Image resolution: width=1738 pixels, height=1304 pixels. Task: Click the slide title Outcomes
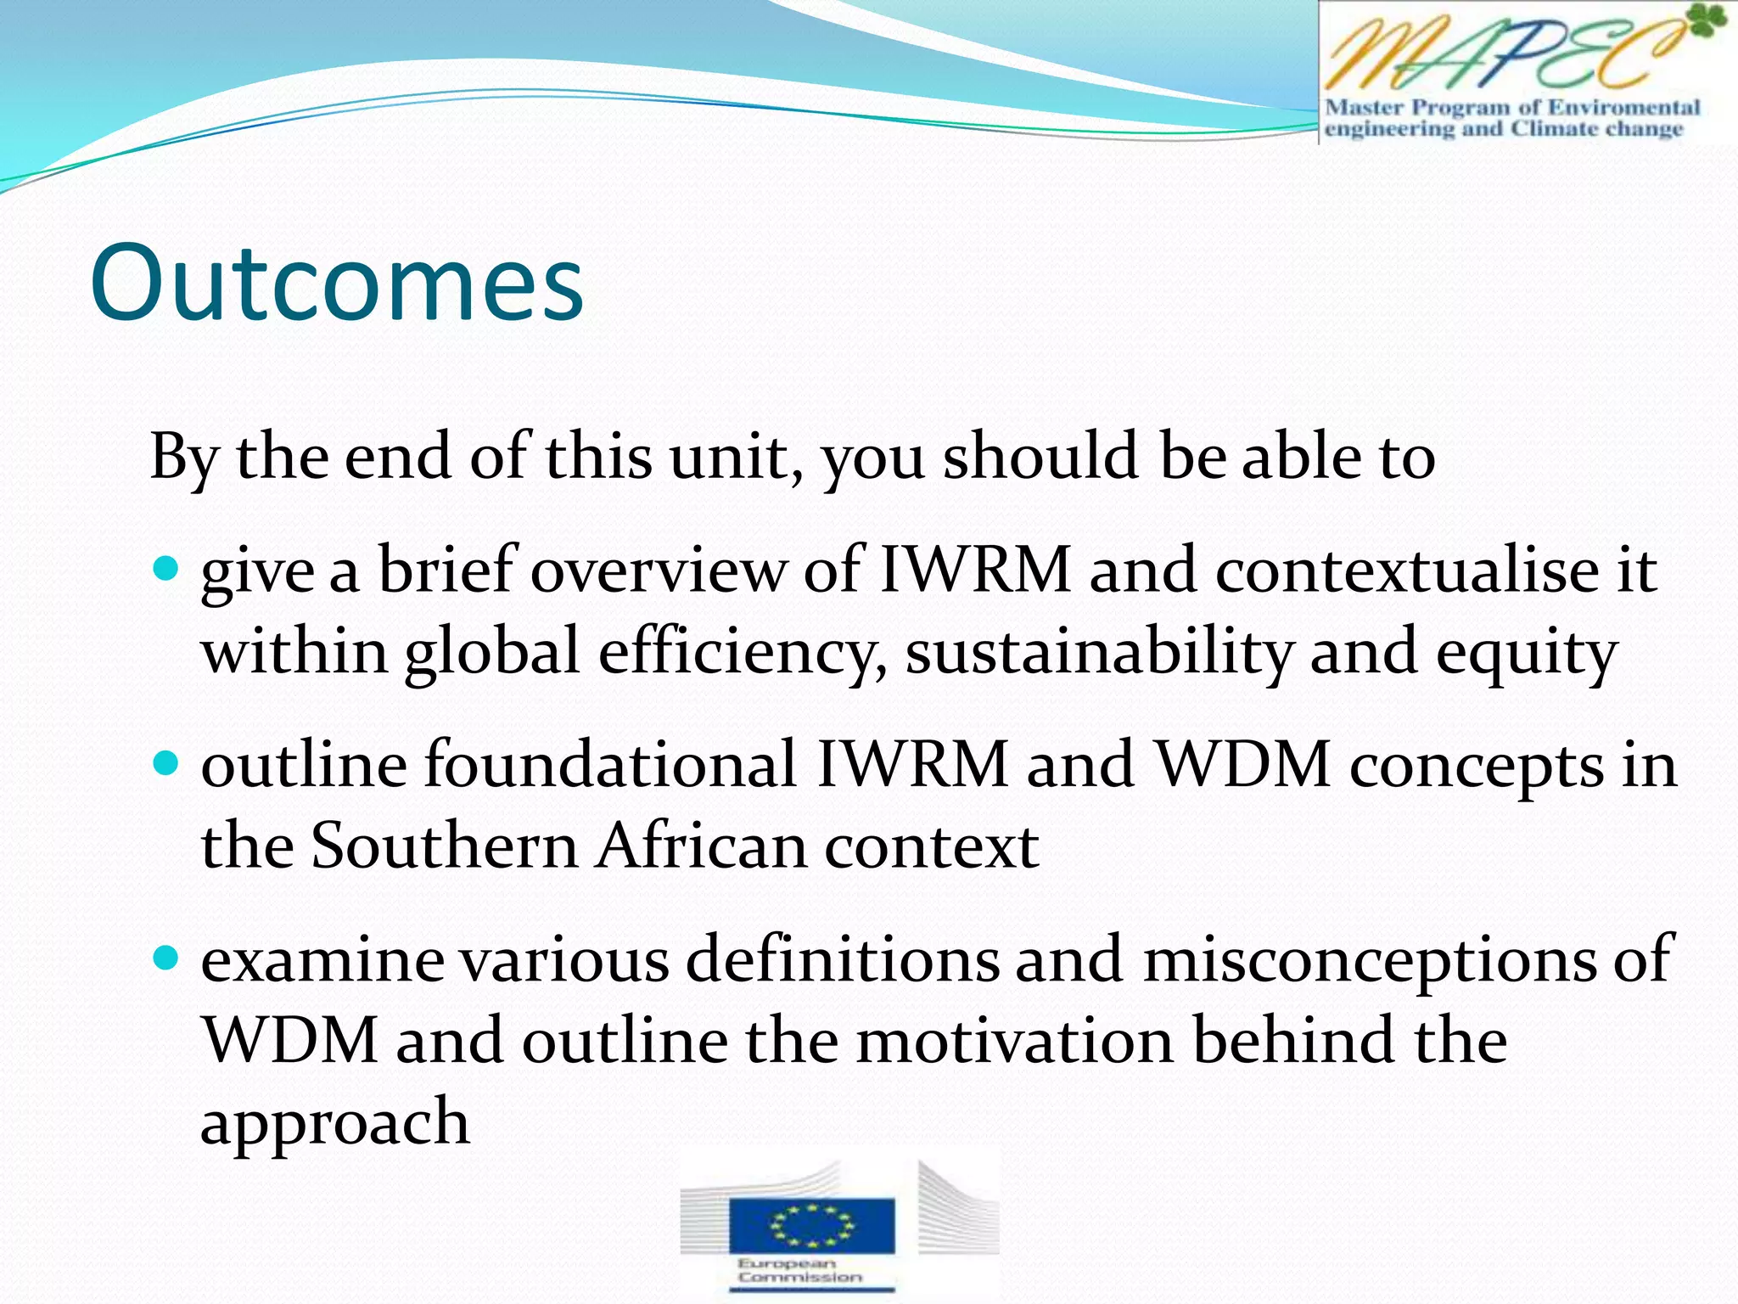336,283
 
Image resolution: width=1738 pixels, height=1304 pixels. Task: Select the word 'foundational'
610,763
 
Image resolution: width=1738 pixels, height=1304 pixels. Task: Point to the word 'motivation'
1016,1041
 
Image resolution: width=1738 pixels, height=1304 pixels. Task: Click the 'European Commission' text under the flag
799,1271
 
